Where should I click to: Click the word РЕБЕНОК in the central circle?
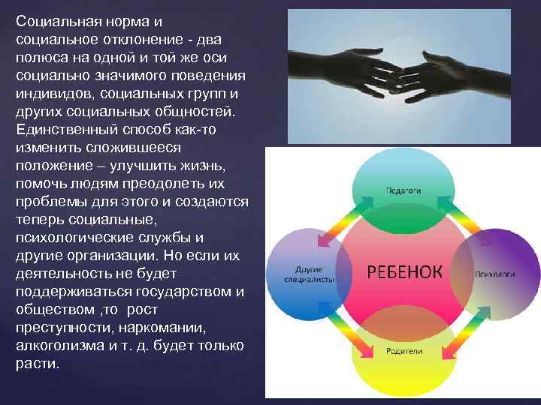coord(404,270)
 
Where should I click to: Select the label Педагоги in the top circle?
coord(403,190)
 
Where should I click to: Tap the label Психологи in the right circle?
coord(494,274)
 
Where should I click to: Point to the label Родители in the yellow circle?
coord(404,351)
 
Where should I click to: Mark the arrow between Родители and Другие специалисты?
coord(350,330)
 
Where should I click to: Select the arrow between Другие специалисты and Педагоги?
coord(350,218)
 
